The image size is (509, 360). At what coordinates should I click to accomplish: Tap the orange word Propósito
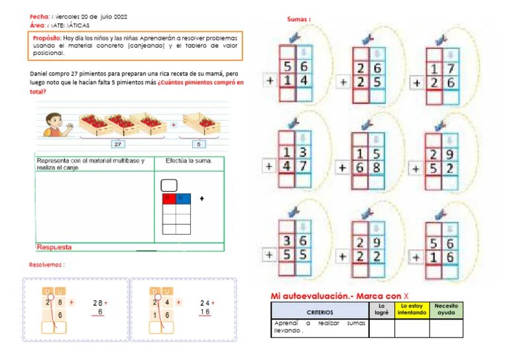(x=47, y=38)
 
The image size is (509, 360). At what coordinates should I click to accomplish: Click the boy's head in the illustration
(x=52, y=121)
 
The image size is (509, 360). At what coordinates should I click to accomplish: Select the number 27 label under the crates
(x=119, y=144)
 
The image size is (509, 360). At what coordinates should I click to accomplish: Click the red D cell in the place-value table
(x=168, y=198)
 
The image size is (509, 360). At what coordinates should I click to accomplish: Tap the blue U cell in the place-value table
(x=184, y=198)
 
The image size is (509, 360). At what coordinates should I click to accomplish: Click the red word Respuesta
(x=54, y=247)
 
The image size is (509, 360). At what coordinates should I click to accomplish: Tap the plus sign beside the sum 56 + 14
(x=270, y=82)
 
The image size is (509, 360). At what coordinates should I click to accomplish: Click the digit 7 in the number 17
(x=450, y=68)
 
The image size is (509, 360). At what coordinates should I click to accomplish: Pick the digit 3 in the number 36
(x=287, y=241)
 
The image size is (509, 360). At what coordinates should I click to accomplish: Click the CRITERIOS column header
(x=319, y=311)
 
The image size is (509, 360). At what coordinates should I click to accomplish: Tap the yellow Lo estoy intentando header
(x=412, y=310)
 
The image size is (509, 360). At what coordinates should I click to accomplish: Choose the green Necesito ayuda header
(x=445, y=310)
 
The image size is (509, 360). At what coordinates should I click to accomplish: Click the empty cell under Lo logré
(x=381, y=328)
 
